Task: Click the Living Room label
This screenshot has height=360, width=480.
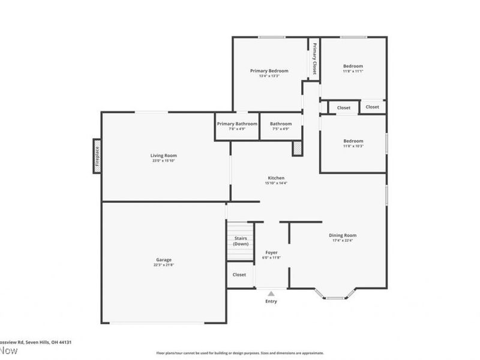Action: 163,155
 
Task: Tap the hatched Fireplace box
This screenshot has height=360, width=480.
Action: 96,156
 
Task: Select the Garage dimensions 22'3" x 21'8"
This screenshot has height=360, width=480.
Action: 164,265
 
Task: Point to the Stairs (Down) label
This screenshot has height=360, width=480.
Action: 241,241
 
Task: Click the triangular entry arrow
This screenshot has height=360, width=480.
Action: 271,293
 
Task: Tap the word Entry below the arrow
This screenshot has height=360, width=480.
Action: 271,301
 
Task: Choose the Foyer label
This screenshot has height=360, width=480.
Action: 272,253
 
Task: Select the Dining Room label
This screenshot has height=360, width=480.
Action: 342,235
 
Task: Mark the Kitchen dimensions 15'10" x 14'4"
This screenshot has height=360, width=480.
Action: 276,183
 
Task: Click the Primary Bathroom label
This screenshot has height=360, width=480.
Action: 236,124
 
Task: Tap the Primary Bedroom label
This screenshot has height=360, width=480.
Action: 269,71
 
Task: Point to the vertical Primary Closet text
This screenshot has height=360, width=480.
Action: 314,58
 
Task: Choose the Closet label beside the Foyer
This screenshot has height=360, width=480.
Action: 239,275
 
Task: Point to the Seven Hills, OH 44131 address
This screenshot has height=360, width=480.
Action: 36,342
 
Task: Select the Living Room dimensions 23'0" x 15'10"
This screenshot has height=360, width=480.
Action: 163,161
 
